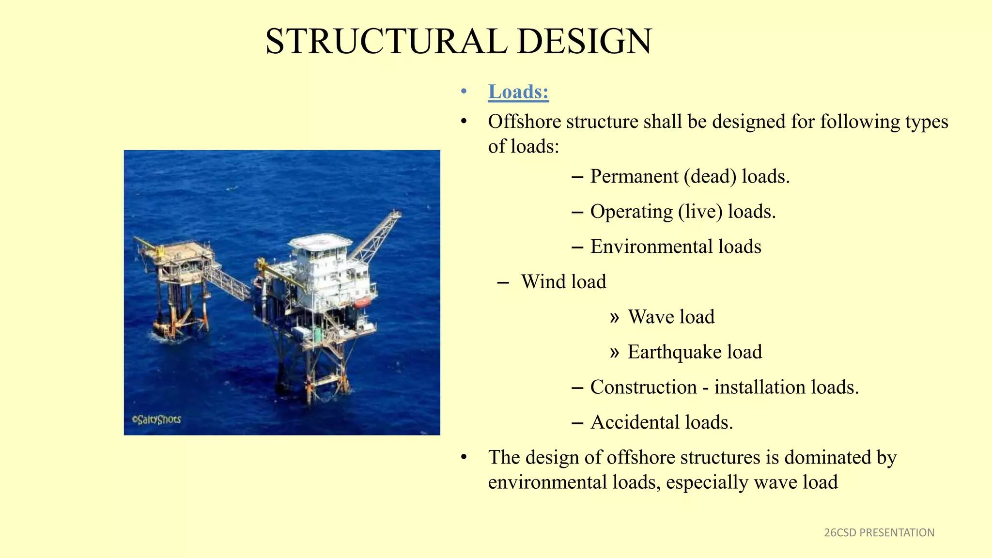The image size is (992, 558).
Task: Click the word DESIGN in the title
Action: pos(585,42)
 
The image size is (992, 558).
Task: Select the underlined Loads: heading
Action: pos(518,92)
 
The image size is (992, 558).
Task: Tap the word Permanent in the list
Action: pos(634,177)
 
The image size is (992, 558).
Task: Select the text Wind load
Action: pos(563,282)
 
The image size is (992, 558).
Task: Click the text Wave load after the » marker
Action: pos(671,317)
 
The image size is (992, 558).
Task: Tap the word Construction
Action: pos(643,387)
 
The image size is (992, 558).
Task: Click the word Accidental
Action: pos(635,422)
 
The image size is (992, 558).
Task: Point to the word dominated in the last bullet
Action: pos(827,458)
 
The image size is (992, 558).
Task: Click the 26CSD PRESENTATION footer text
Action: pos(879,533)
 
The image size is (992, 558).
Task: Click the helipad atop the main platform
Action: pos(320,241)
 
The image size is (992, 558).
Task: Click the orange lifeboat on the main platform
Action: pos(362,303)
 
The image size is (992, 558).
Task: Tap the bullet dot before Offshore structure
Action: pos(464,122)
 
